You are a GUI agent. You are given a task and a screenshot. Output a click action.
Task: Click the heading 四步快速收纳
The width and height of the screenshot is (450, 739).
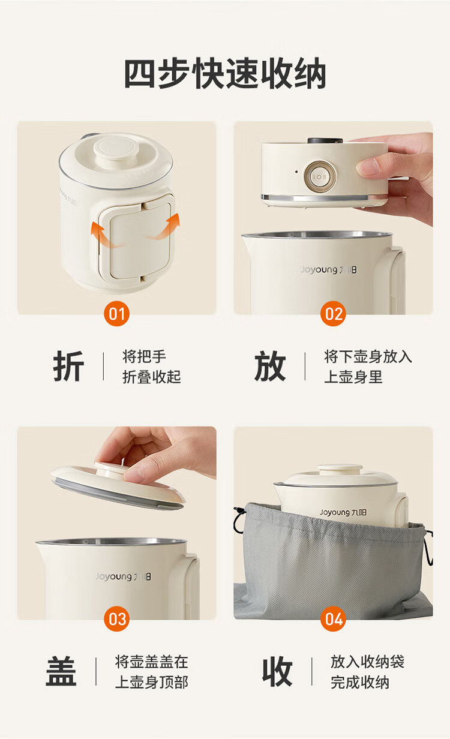point(225,73)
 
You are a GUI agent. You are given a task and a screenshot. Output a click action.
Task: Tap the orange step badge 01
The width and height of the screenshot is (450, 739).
point(117,313)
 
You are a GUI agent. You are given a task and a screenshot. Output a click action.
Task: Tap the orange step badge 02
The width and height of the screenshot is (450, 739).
point(333,313)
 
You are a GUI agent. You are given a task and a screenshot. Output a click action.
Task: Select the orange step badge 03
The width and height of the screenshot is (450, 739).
point(117,618)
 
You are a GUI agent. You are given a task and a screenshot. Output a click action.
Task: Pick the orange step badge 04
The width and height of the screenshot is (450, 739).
point(333,618)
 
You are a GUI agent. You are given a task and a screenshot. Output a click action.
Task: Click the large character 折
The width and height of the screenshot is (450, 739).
point(68,366)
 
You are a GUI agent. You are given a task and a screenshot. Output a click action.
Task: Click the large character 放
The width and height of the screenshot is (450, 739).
point(270,366)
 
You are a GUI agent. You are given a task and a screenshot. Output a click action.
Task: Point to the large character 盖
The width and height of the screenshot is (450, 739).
point(61,671)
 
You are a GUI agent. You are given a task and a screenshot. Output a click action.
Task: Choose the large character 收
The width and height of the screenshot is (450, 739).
point(277,671)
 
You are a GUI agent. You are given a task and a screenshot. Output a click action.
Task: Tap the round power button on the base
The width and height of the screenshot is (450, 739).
point(319,176)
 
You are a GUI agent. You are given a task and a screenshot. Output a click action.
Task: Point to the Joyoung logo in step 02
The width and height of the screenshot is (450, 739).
point(328,270)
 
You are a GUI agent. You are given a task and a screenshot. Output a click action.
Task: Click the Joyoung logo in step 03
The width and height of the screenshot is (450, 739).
point(124,576)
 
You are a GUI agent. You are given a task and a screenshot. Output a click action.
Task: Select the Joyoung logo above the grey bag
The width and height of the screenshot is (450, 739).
point(343,512)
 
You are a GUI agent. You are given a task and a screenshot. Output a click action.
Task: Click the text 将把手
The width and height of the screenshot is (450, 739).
point(144,357)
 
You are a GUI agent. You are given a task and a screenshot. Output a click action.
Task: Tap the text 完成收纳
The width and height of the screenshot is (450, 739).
point(360,682)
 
